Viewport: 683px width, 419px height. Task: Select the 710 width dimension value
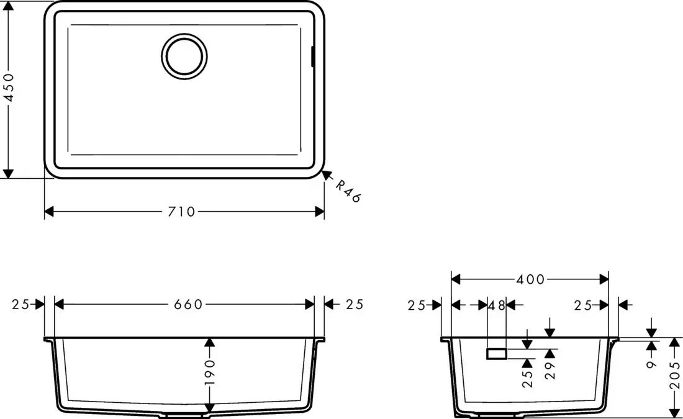(182, 212)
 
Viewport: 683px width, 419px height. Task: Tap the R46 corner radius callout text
(348, 191)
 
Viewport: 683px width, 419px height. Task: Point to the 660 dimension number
(188, 304)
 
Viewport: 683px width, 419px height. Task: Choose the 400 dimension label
(530, 279)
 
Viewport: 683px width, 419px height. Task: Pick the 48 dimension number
(497, 305)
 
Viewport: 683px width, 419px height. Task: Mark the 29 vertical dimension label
(550, 371)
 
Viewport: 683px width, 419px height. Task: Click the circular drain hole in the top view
(184, 55)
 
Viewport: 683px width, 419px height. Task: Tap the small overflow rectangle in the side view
(497, 354)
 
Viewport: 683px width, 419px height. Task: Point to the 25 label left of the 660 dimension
(20, 304)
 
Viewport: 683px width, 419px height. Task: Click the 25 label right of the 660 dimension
(354, 304)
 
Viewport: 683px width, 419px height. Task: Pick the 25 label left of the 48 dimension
(417, 305)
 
